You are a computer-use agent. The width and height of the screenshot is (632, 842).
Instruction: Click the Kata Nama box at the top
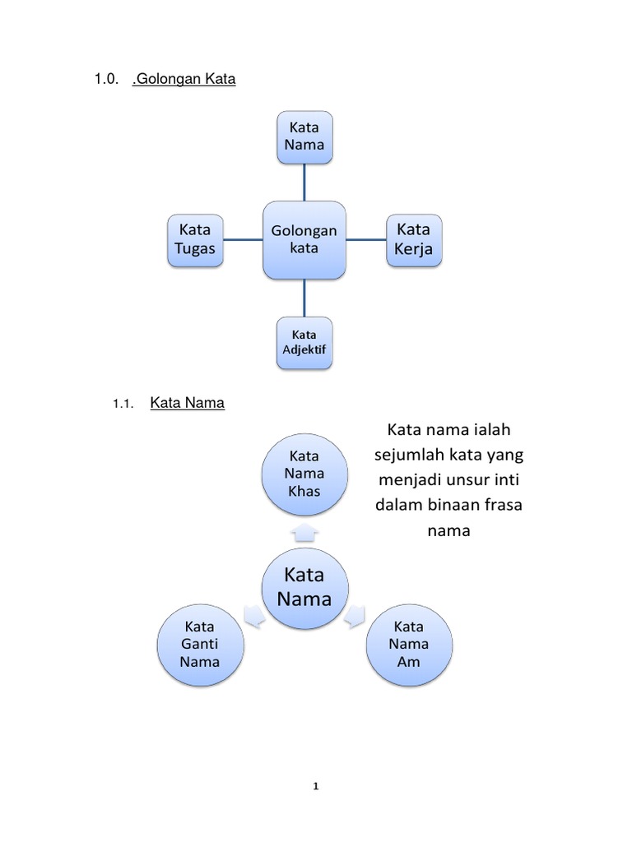tap(304, 136)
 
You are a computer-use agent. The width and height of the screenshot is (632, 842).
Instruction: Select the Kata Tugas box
tap(195, 239)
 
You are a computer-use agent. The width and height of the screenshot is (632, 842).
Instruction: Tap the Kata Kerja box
tap(414, 239)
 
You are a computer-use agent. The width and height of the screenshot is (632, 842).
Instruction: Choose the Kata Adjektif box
tap(304, 343)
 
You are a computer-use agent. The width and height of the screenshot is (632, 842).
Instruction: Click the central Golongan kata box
tap(304, 239)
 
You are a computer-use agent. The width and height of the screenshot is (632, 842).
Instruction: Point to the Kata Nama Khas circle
tap(304, 474)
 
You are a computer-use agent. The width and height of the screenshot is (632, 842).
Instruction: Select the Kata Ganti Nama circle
tap(201, 644)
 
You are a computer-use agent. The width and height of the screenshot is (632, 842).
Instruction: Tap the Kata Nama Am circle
tap(409, 644)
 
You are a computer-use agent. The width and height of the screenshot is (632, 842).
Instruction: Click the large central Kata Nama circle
tap(304, 586)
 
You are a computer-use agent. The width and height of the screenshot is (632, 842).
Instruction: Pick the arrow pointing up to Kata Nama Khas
tap(304, 532)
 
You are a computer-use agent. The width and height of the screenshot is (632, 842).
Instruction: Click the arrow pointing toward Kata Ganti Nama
tap(254, 617)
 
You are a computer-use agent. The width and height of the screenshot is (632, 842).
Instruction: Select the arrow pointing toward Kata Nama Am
tap(355, 617)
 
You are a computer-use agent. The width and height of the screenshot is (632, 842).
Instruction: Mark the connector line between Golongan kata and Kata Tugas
tap(243, 240)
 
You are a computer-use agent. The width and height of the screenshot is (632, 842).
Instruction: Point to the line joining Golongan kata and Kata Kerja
tap(366, 240)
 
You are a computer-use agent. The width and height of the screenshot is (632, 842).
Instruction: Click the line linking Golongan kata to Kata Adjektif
tap(304, 297)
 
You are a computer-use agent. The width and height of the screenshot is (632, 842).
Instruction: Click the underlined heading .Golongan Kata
tap(184, 80)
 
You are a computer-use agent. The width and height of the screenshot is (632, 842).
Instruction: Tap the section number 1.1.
tap(123, 404)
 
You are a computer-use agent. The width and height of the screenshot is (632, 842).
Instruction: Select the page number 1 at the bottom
tap(316, 787)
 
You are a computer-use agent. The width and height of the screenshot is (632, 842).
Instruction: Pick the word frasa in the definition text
tap(496, 505)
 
